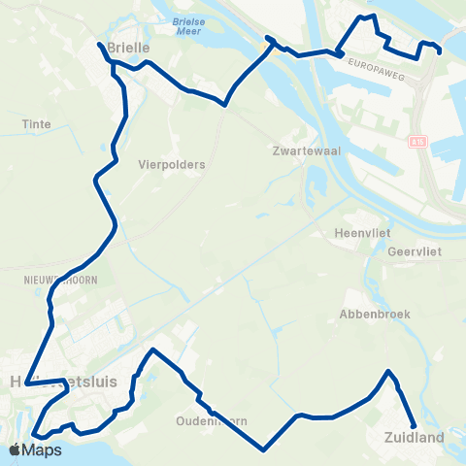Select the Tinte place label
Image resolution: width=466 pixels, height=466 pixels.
point(36,124)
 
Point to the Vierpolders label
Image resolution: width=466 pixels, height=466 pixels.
point(172,165)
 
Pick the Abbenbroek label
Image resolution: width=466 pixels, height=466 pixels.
point(376,314)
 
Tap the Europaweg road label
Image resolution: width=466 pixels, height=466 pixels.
point(374,72)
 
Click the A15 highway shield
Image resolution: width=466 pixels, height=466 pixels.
point(417,142)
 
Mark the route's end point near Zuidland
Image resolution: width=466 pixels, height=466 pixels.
point(415,425)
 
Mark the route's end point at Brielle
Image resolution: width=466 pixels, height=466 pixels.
point(99,44)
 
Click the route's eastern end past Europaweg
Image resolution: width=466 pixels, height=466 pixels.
point(440,52)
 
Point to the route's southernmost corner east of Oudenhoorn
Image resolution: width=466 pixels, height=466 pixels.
point(264,449)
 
